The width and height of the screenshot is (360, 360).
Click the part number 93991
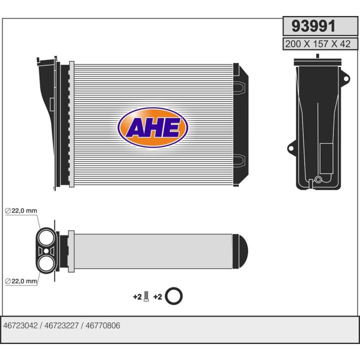316,26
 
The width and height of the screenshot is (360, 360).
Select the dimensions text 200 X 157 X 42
317,44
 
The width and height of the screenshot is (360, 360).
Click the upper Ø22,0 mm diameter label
21,211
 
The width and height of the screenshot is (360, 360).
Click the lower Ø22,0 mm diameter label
21,281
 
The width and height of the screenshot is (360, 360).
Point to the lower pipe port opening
46,262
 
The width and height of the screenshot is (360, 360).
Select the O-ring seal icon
173,296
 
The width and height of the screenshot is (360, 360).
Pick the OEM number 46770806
103,325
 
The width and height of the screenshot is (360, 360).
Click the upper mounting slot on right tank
239,87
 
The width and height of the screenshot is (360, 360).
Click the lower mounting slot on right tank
239,160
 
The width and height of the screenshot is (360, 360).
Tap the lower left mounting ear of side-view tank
290,148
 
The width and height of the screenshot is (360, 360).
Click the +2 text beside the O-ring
157,297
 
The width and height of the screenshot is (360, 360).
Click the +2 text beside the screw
137,297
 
